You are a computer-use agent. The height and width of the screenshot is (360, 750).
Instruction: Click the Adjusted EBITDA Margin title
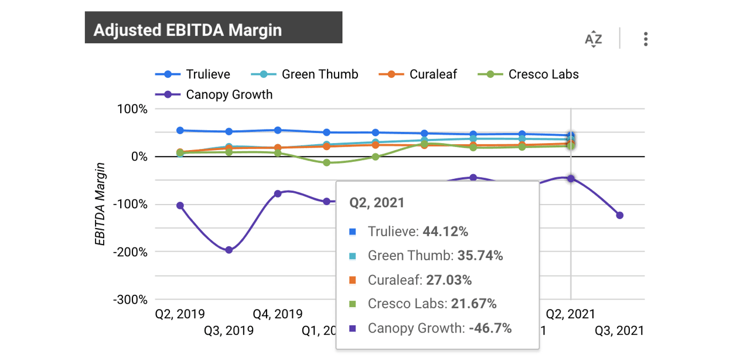tap(187, 30)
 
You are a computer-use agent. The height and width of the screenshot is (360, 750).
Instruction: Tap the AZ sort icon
tap(594, 40)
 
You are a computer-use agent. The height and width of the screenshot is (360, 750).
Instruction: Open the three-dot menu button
tap(645, 40)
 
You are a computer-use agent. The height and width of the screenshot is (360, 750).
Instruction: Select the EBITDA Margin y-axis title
tap(101, 204)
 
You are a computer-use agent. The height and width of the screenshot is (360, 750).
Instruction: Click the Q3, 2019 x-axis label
tap(229, 331)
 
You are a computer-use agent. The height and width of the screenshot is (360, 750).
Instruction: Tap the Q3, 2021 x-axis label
tap(619, 331)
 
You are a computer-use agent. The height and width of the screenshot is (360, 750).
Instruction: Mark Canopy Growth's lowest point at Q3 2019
tap(229, 250)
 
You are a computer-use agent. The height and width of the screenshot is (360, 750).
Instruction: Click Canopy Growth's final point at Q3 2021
tap(620, 215)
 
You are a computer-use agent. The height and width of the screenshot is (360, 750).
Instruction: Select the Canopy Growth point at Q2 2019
tap(180, 206)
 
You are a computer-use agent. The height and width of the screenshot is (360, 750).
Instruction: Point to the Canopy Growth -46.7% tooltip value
tap(490, 328)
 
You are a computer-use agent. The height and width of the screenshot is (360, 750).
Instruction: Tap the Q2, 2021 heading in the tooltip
tap(377, 203)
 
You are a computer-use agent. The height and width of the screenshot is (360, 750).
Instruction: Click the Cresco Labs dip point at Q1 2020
tap(327, 162)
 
